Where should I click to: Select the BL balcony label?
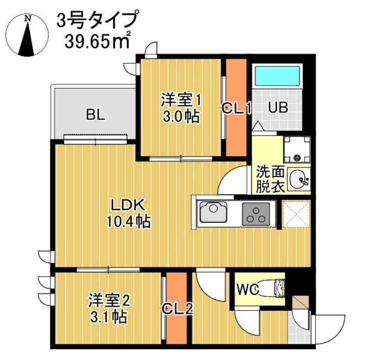coord(95,114)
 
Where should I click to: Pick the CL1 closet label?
coord(236,109)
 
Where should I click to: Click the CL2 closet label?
coord(177,308)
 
